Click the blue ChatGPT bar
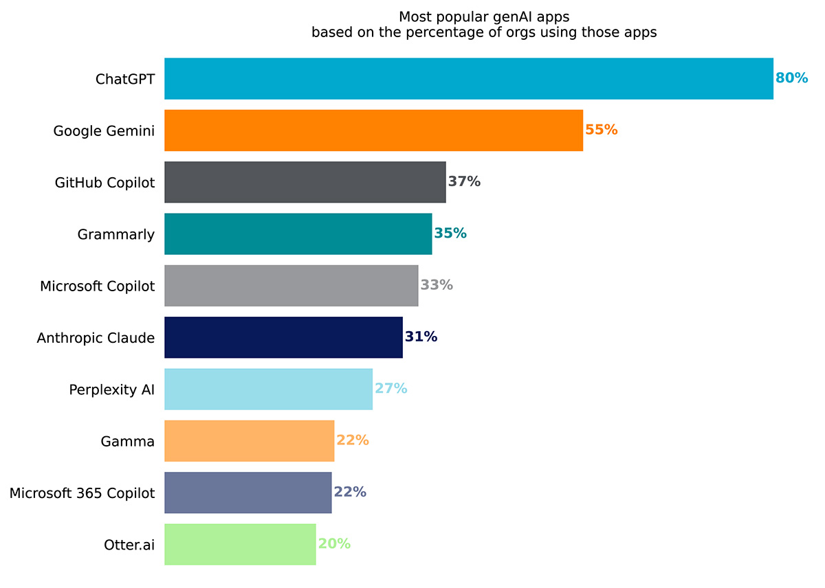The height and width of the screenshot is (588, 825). click(x=468, y=78)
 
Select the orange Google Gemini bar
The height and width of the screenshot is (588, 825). click(x=373, y=130)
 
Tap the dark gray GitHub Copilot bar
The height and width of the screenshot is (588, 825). click(x=305, y=182)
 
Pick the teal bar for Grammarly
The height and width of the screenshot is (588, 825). click(x=298, y=234)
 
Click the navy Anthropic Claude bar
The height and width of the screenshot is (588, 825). click(x=283, y=337)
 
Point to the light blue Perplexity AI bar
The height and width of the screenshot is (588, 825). click(x=268, y=389)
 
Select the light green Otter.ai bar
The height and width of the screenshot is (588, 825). click(x=240, y=544)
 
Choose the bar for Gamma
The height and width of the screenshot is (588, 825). click(x=249, y=440)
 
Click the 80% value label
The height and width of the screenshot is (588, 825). click(x=791, y=78)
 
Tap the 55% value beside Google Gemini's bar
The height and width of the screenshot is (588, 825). click(x=602, y=130)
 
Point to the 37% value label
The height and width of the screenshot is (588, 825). click(x=464, y=182)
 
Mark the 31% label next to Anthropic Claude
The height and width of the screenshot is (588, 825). click(x=421, y=337)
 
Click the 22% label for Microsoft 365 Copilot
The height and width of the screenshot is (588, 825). click(x=350, y=492)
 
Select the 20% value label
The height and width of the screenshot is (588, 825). click(x=334, y=544)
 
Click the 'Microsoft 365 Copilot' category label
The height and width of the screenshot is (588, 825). click(x=82, y=493)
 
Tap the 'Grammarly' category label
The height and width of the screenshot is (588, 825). click(x=116, y=234)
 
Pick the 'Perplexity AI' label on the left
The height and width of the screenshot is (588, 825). click(x=111, y=389)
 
